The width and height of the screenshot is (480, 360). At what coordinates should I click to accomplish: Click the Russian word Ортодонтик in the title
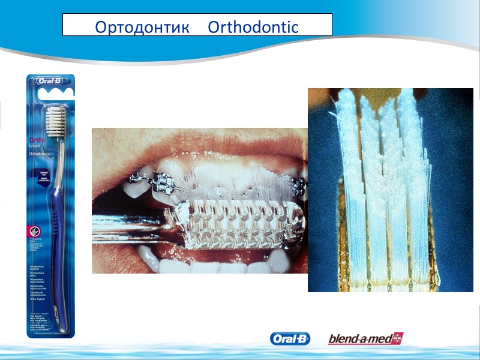pyautogui.click(x=142, y=28)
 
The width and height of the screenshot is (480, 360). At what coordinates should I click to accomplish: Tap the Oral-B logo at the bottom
pyautogui.click(x=290, y=339)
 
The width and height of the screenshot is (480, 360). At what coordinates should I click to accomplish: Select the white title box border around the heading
pyautogui.click(x=197, y=14)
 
